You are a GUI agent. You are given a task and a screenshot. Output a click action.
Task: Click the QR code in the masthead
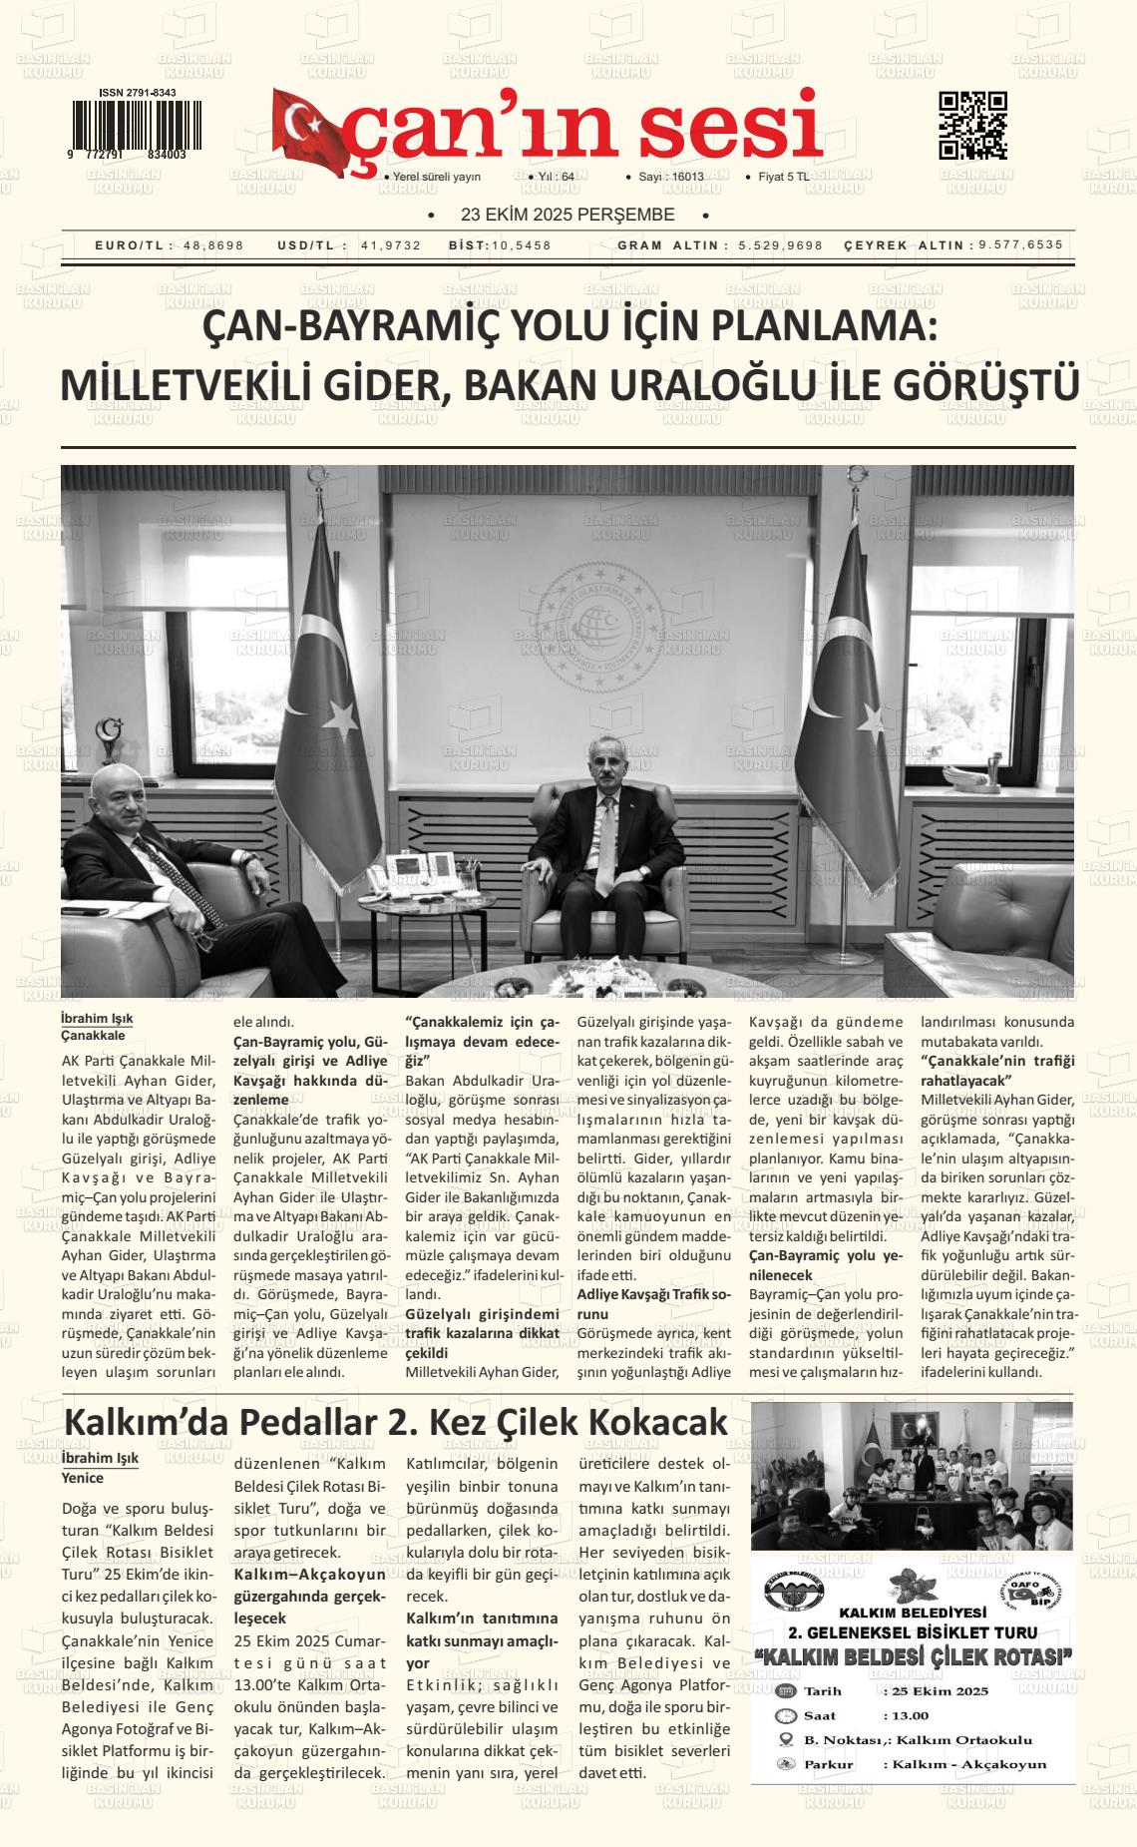point(972,126)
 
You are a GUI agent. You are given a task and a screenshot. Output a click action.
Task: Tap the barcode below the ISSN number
point(135,125)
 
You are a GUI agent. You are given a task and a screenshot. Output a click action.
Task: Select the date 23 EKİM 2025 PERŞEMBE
point(568,216)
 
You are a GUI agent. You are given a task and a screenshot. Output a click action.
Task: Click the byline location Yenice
point(82,1478)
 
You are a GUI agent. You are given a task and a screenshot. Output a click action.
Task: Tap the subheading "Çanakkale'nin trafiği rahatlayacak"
point(997,1070)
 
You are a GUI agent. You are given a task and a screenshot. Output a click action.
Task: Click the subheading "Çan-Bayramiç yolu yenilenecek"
point(825,1265)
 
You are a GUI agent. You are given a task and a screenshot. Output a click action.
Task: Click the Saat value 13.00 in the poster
point(908,1715)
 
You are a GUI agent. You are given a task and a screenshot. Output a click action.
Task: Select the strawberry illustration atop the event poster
point(909,1582)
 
